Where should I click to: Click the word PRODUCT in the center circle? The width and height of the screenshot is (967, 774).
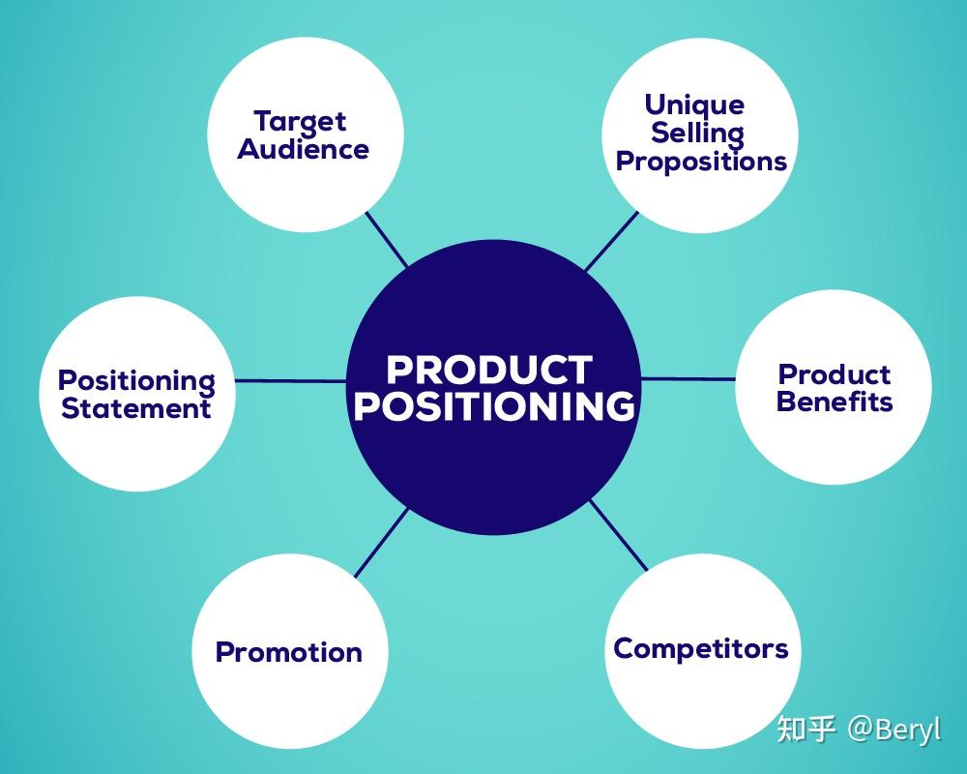pos(488,370)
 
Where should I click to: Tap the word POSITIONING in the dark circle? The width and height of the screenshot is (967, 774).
pos(494,406)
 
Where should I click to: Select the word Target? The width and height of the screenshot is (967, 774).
pos(300,122)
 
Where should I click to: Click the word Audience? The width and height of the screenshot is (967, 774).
pos(304,150)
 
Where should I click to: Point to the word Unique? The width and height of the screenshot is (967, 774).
pos(694,104)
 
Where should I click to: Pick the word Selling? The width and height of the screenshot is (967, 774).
pos(697,133)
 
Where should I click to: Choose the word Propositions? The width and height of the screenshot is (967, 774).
pos(701,161)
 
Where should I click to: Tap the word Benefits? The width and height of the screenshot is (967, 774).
pos(835,402)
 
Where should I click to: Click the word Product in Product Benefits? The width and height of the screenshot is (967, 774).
pos(835,374)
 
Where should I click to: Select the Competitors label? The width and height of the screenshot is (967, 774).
pos(701,648)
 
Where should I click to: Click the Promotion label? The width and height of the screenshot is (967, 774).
pos(288,652)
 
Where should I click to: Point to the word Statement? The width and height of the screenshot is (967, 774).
pos(135,408)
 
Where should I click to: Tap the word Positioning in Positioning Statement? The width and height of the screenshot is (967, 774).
pos(136,380)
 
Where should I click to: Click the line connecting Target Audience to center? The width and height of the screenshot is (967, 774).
pos(387,239)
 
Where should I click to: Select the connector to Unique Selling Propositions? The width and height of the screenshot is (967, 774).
pos(611,242)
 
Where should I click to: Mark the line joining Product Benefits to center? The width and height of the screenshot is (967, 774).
pos(689,378)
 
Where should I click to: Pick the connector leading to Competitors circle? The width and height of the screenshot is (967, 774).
pos(619,535)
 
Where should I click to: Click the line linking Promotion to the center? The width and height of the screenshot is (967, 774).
pos(382,543)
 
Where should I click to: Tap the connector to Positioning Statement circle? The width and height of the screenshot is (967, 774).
pos(290,380)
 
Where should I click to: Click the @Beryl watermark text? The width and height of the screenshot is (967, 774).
pos(894,729)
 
